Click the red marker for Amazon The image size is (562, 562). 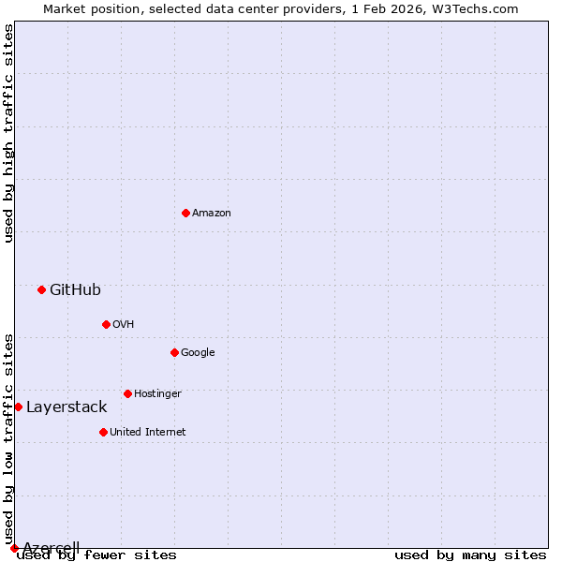[x=185, y=213]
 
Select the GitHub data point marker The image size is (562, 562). [x=41, y=289]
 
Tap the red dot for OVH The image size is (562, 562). [x=106, y=324]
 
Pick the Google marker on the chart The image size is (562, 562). [x=174, y=352]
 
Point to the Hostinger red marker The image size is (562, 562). [x=127, y=393]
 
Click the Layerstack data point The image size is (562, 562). [x=18, y=407]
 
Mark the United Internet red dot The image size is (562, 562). [x=103, y=432]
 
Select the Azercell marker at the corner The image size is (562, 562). [x=14, y=548]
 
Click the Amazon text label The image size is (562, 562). [x=212, y=213]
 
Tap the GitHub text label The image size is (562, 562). [x=75, y=289]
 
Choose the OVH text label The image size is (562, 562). [x=124, y=324]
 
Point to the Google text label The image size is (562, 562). [x=198, y=352]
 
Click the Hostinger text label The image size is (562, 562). [x=157, y=393]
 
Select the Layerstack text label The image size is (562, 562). [x=67, y=407]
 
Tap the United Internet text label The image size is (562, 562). [x=148, y=432]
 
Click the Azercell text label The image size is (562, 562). [x=51, y=547]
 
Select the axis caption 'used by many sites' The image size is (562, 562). [x=470, y=555]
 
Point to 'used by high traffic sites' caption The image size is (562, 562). [x=8, y=133]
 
